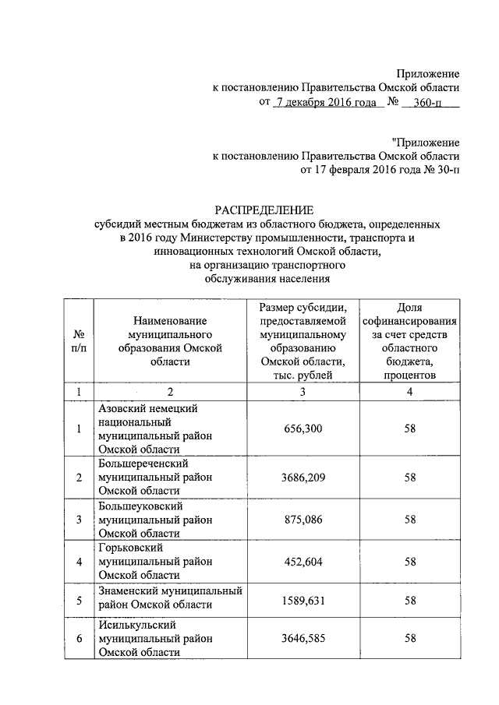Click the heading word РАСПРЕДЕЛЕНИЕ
tap(264, 210)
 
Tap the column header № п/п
tap(79, 341)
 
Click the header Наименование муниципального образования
tap(169, 341)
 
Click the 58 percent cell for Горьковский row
tap(409, 560)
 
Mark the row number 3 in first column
tap(79, 518)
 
